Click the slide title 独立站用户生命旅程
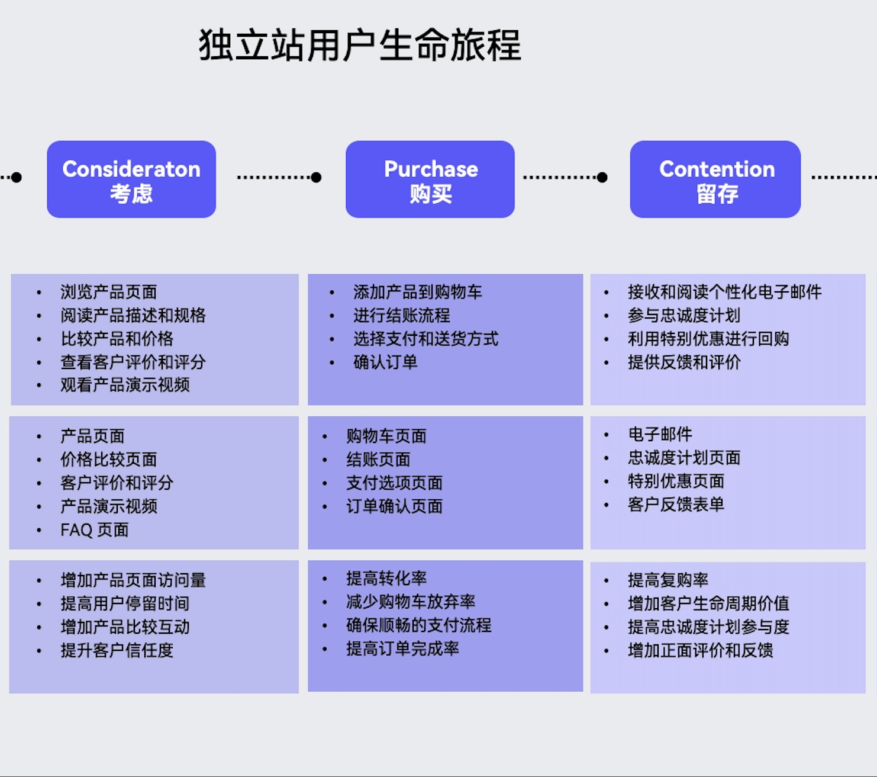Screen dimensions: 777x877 pyautogui.click(x=360, y=46)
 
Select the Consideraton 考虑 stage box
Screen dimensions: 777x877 pyautogui.click(x=131, y=179)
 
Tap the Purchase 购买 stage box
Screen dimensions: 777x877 pyautogui.click(x=430, y=179)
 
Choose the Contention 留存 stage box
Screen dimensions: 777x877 pyautogui.click(x=715, y=179)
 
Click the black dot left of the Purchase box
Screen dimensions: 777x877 pyautogui.click(x=316, y=177)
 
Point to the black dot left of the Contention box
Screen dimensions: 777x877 pyautogui.click(x=602, y=177)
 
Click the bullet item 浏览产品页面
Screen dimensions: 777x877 pyautogui.click(x=109, y=292)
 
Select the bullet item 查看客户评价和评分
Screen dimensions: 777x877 pyautogui.click(x=133, y=362)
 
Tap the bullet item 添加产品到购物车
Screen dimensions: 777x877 pyautogui.click(x=418, y=292)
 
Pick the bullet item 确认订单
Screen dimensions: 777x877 pyautogui.click(x=385, y=362)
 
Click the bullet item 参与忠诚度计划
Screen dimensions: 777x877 pyautogui.click(x=684, y=315)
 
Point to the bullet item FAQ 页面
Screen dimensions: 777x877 pyautogui.click(x=95, y=529)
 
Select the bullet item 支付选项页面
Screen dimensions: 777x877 pyautogui.click(x=395, y=483)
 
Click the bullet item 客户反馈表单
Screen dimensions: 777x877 pyautogui.click(x=676, y=505)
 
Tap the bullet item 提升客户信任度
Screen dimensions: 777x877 pyautogui.click(x=117, y=650)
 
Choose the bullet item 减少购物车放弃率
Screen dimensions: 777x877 pyautogui.click(x=411, y=602)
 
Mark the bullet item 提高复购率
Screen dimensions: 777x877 pyautogui.click(x=668, y=580)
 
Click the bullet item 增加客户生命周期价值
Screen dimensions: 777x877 pyautogui.click(x=708, y=603)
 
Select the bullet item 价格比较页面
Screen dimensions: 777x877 pyautogui.click(x=109, y=460)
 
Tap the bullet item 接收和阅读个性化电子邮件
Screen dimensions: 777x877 pyautogui.click(x=725, y=292)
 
